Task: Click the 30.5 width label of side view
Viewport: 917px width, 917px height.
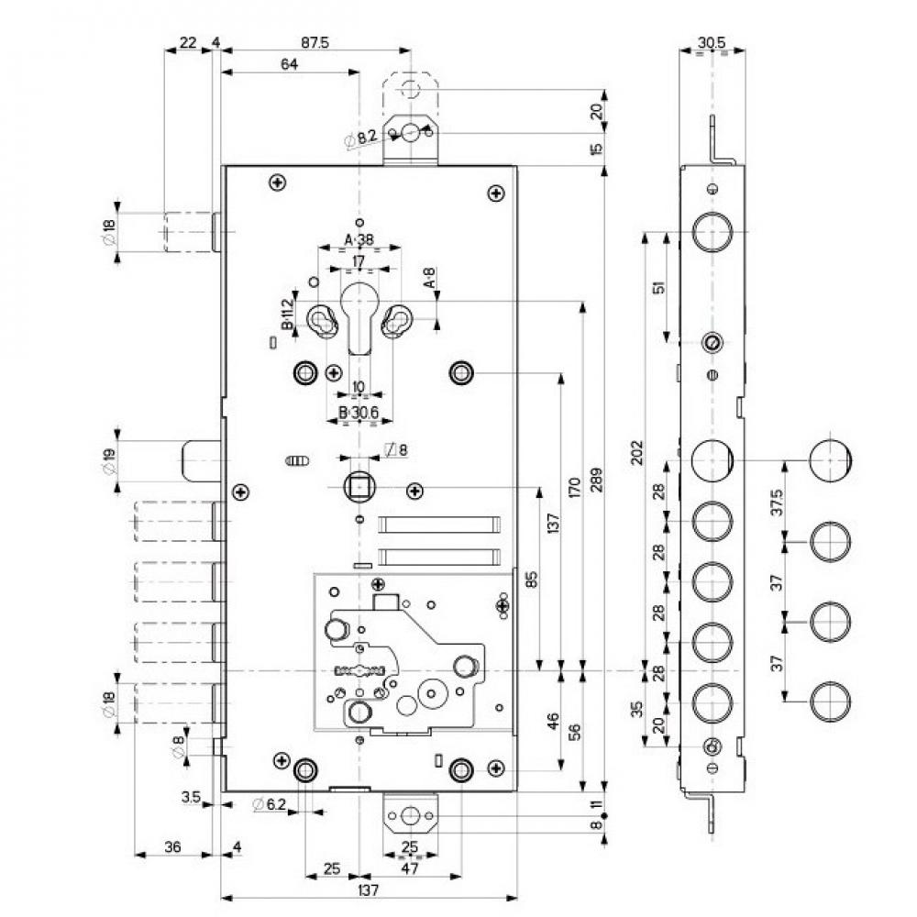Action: pyautogui.click(x=712, y=42)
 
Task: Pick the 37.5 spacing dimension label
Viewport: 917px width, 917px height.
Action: pyautogui.click(x=778, y=503)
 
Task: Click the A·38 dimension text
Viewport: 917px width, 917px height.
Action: pyautogui.click(x=359, y=240)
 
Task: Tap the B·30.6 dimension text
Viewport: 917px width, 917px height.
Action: pyautogui.click(x=359, y=413)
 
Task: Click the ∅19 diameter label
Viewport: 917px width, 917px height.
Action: pyautogui.click(x=107, y=460)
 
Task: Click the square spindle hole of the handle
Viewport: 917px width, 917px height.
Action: pyautogui.click(x=358, y=487)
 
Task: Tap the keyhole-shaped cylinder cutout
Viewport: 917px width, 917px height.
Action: pyautogui.click(x=359, y=316)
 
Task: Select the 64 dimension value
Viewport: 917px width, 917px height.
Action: pyautogui.click(x=290, y=63)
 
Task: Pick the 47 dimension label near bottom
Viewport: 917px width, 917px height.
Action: pyautogui.click(x=409, y=867)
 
